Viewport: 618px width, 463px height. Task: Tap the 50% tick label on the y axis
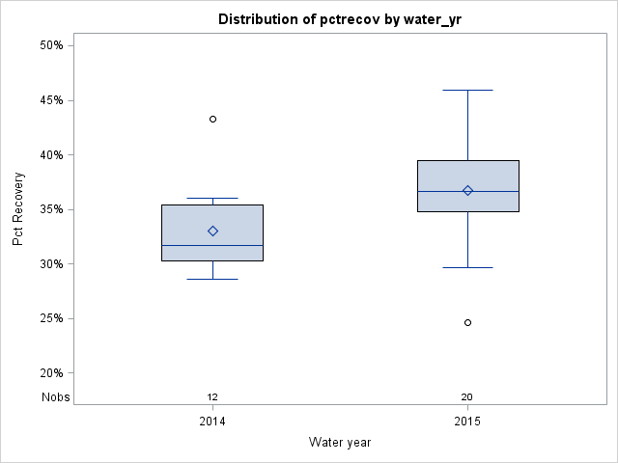(x=51, y=45)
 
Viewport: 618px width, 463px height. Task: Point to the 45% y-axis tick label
(x=51, y=100)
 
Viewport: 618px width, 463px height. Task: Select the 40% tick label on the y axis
(x=51, y=154)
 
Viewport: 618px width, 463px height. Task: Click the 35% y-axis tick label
(x=51, y=209)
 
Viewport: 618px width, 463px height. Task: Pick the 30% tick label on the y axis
(x=51, y=264)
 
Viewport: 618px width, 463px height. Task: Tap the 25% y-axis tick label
(x=51, y=318)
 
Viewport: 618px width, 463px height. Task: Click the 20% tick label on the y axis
(x=51, y=373)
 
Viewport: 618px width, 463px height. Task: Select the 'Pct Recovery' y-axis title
(x=18, y=209)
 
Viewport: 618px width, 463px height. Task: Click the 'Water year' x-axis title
(x=340, y=443)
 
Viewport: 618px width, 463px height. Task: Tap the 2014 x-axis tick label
(x=212, y=422)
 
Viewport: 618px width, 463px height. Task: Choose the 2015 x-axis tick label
(x=467, y=422)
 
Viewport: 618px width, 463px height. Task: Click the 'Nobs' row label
(x=55, y=397)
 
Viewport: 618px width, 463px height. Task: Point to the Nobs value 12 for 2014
(x=212, y=397)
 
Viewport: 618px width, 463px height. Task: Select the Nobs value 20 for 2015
(x=467, y=397)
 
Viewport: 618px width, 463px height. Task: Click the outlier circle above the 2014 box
(x=212, y=119)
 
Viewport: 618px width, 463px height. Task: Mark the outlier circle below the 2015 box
(x=467, y=322)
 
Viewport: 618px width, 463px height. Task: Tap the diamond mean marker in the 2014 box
(x=212, y=231)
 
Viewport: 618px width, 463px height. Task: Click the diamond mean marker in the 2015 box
(x=467, y=190)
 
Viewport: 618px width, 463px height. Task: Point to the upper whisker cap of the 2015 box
(x=467, y=90)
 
